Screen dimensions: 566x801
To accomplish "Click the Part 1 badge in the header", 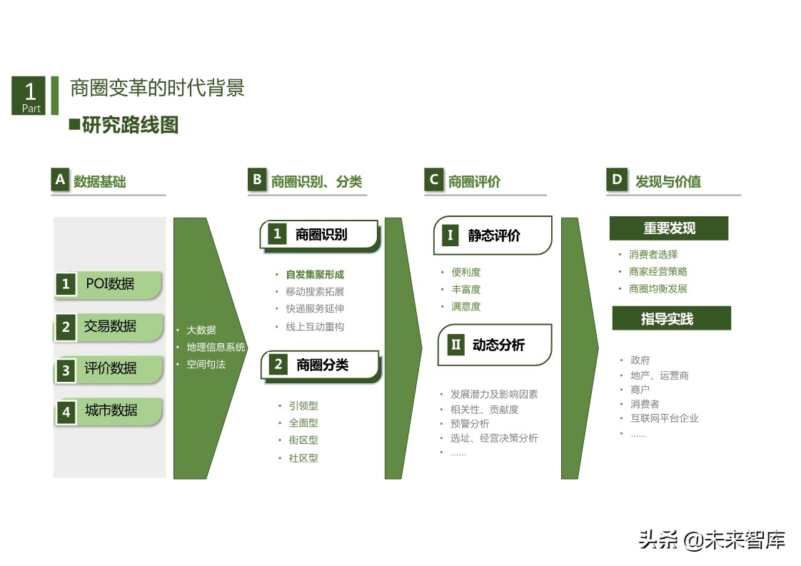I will click(29, 96).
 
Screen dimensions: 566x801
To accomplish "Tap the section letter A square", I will click(60, 180).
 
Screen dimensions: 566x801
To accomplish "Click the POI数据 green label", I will click(109, 284).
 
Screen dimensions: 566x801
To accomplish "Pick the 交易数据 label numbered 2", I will click(109, 327).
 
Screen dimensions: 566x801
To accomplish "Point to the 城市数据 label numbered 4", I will click(109, 411).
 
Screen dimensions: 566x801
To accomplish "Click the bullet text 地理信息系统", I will click(216, 347).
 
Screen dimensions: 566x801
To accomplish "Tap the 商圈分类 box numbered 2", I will click(320, 365).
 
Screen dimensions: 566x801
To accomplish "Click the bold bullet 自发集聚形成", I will click(315, 274).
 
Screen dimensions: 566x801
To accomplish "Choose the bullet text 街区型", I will click(303, 440).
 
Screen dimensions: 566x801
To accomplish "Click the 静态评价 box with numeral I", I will click(493, 236).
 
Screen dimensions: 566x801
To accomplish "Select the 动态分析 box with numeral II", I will click(494, 345).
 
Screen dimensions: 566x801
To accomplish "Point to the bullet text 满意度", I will click(465, 306).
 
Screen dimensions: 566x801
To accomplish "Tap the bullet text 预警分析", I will click(470, 424).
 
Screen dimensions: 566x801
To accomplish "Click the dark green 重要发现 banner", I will click(668, 228).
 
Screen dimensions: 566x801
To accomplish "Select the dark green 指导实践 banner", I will click(671, 319).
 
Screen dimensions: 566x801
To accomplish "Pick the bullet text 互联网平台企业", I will click(664, 418).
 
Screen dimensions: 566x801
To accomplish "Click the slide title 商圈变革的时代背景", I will click(157, 88).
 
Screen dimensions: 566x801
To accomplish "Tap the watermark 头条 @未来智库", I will click(712, 540).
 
